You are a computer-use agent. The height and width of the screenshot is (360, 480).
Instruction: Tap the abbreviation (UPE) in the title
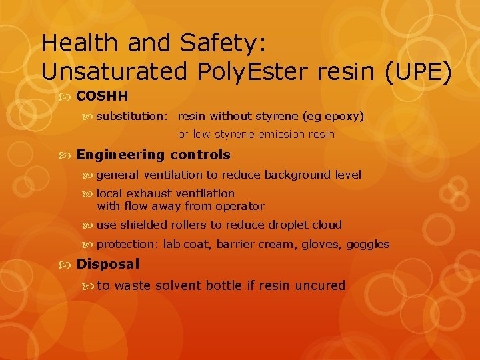point(419,71)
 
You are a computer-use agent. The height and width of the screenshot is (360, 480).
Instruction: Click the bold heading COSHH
point(102,96)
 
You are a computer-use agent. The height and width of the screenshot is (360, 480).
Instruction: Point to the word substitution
point(131,117)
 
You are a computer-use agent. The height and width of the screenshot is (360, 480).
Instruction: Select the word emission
point(276,135)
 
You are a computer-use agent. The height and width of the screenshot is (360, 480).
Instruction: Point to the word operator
point(240,207)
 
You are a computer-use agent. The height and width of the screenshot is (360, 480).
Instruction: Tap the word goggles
point(367,245)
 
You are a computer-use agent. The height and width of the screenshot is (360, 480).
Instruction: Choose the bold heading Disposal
point(108,264)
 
